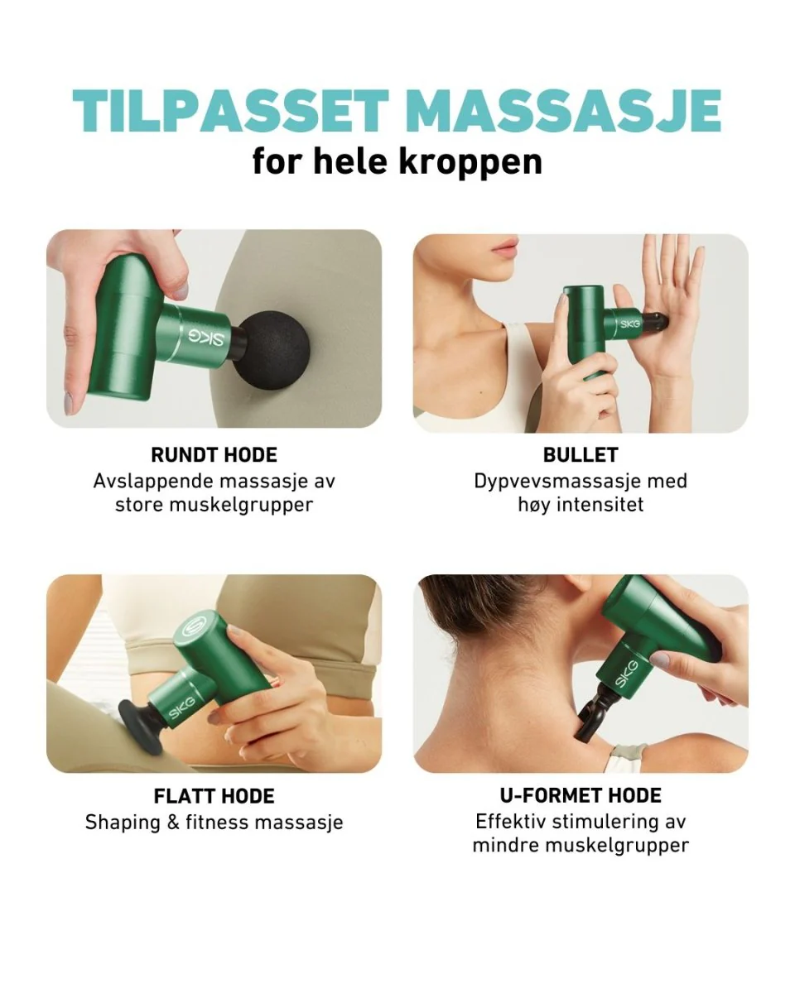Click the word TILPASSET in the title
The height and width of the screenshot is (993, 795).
230,110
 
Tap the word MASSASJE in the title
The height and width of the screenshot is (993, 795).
565,110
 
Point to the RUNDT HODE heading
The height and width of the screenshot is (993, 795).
214,455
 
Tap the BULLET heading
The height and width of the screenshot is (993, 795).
581,455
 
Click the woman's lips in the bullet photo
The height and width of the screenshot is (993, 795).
505,245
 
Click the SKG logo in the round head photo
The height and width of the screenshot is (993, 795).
206,338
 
